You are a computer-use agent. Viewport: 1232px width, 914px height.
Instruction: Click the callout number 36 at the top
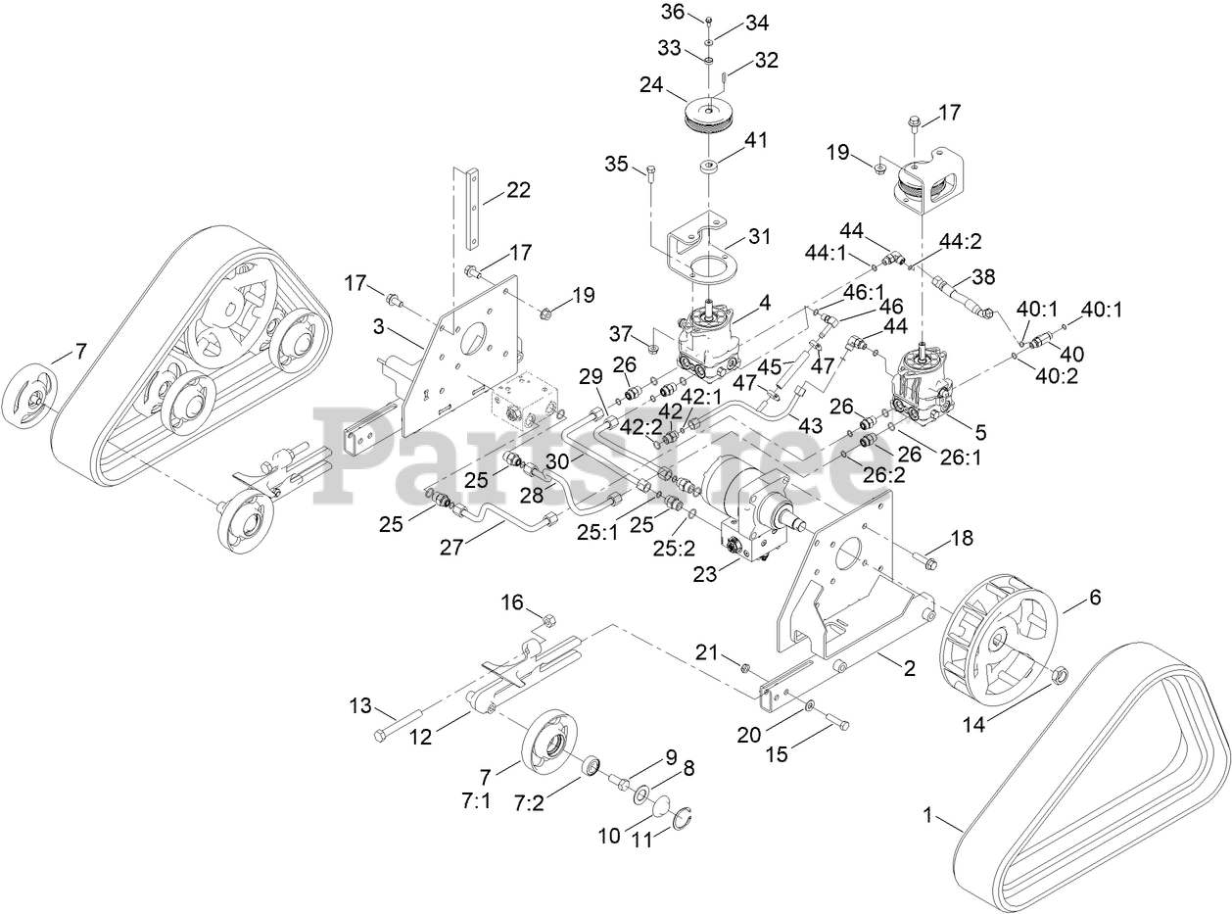[x=673, y=12]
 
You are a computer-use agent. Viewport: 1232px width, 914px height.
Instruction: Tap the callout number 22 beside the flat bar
[x=518, y=190]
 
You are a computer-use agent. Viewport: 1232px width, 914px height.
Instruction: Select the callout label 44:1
[x=826, y=254]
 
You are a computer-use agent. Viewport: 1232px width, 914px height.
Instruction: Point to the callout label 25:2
[x=674, y=548]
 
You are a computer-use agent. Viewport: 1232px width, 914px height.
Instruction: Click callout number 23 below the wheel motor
[x=705, y=574]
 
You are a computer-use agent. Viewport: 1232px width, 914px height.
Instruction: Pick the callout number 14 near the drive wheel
[x=973, y=725]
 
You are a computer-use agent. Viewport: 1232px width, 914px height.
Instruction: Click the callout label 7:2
[x=528, y=803]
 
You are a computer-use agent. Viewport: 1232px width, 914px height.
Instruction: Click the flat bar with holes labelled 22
[x=472, y=209]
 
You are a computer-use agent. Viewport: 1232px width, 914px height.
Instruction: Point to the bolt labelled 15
[x=837, y=722]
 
